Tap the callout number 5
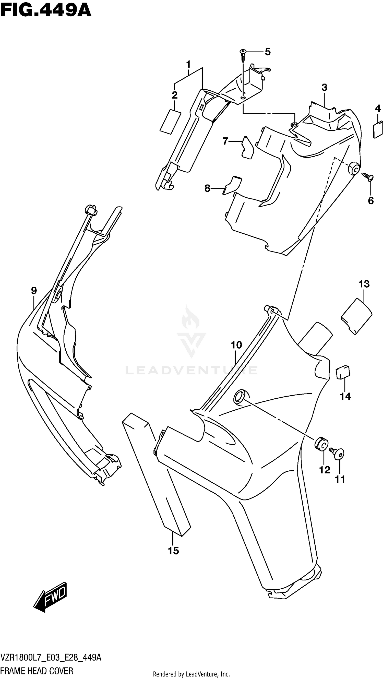pos(268,52)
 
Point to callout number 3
pos(324,88)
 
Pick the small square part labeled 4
pos(378,129)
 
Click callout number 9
pos(34,291)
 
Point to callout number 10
pos(236,345)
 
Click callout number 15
pos(173,551)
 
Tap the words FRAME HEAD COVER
pos(37,671)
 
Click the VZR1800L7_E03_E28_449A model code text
pos(51,657)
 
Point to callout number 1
pos(188,64)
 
